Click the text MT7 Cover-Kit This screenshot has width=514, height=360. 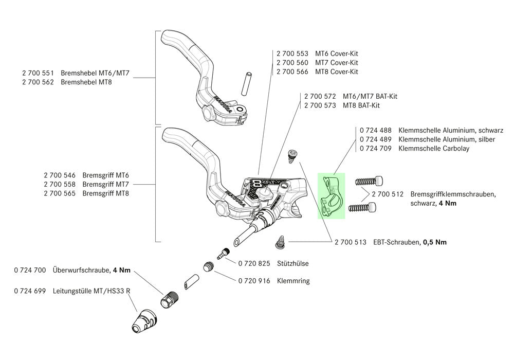click(337, 62)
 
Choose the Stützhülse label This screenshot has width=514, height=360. click(292, 263)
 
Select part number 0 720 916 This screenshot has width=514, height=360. click(254, 281)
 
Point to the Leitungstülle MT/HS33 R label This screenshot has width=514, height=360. click(91, 291)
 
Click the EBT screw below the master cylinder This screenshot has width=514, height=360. click(281, 240)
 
